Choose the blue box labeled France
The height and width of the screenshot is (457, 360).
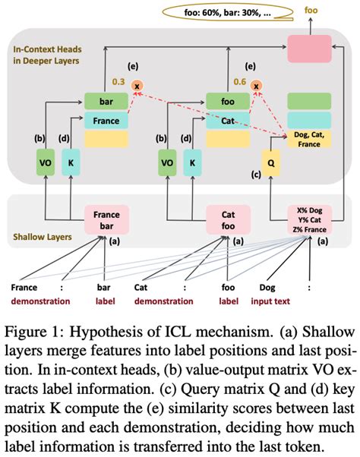pyautogui.click(x=106, y=120)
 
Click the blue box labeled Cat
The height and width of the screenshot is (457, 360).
pyautogui.click(x=227, y=120)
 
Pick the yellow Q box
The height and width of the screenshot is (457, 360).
pyautogui.click(x=273, y=162)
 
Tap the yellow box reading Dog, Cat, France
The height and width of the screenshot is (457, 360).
pyautogui.click(x=309, y=140)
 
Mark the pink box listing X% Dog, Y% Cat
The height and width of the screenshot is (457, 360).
pyautogui.click(x=308, y=219)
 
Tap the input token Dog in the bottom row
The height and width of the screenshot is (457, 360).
pyautogui.click(x=268, y=288)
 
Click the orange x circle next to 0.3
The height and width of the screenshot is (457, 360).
pyautogui.click(x=137, y=85)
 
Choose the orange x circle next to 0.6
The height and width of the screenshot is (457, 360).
pyautogui.click(x=258, y=85)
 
